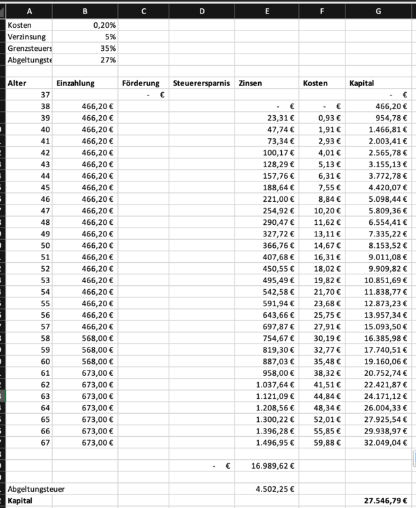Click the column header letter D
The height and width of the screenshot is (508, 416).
point(201,10)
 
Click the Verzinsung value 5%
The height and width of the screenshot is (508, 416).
point(108,37)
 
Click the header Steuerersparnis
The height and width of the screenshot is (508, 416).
point(201,83)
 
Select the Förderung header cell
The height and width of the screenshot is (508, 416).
point(141,83)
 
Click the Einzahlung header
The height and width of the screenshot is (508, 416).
point(75,83)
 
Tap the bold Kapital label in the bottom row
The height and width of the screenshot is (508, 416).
point(20,501)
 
